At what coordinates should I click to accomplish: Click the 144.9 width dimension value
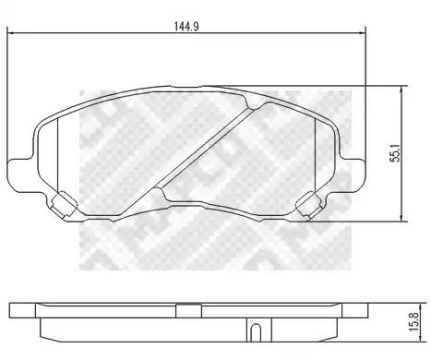tap(186, 27)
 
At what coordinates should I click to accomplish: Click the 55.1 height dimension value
tap(395, 152)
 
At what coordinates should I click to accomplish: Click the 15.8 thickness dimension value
tap(414, 322)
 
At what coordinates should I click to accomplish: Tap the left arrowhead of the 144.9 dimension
tap(11, 32)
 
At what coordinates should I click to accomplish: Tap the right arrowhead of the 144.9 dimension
tap(361, 32)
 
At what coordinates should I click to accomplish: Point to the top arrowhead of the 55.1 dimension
tap(401, 90)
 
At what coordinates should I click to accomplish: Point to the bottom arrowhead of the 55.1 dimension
tap(401, 217)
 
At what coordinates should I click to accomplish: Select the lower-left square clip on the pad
tap(64, 205)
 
